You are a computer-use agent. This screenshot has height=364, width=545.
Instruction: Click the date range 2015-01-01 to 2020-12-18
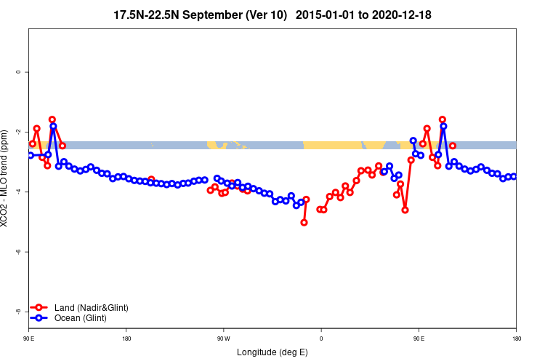coord(368,15)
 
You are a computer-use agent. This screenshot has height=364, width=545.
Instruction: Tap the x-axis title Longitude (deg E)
coord(272,352)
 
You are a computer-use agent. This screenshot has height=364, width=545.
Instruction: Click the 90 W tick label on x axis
coord(223,339)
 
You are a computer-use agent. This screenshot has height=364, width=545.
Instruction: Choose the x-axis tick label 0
coord(320,339)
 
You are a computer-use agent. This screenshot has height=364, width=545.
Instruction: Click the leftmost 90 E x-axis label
coord(29,339)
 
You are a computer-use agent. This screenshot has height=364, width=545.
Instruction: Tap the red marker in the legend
coord(41,308)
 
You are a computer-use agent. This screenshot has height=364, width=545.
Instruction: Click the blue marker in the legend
coord(41,318)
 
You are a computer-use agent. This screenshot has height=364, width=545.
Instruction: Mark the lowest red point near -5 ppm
coord(304,222)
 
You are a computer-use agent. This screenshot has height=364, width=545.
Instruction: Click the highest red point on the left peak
coord(52,119)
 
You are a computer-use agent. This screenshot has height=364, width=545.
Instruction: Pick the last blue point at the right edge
coord(514,176)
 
